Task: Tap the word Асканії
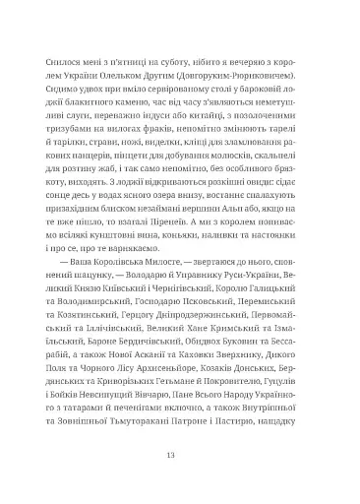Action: (151, 358)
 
